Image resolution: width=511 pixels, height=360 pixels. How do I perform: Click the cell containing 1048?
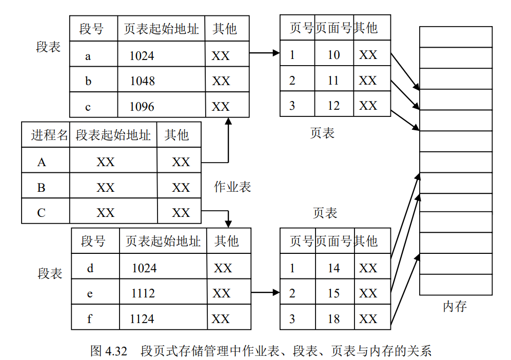142,81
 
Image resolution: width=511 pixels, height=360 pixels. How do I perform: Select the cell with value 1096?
142,107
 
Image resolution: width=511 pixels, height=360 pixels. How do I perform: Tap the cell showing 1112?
143,293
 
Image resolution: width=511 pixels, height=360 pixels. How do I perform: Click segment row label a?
88,56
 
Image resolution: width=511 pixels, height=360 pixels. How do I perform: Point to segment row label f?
90,319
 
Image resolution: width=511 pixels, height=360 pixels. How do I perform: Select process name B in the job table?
42,188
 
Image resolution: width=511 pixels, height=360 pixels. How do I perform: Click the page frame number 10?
333,55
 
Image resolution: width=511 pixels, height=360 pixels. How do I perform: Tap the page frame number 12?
333,106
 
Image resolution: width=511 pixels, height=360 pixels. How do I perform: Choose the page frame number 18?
333,319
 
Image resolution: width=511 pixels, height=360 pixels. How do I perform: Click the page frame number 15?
333,293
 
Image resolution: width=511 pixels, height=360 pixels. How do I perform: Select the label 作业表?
232,187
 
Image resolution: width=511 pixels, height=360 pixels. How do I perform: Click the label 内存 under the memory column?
455,307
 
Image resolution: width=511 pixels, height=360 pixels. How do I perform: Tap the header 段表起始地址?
113,135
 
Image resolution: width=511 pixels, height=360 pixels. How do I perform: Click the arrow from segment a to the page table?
264,53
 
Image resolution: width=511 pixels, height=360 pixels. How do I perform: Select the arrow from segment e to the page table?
265,293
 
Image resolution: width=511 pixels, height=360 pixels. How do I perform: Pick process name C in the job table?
42,213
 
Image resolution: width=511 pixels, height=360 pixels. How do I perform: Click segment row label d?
90,268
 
